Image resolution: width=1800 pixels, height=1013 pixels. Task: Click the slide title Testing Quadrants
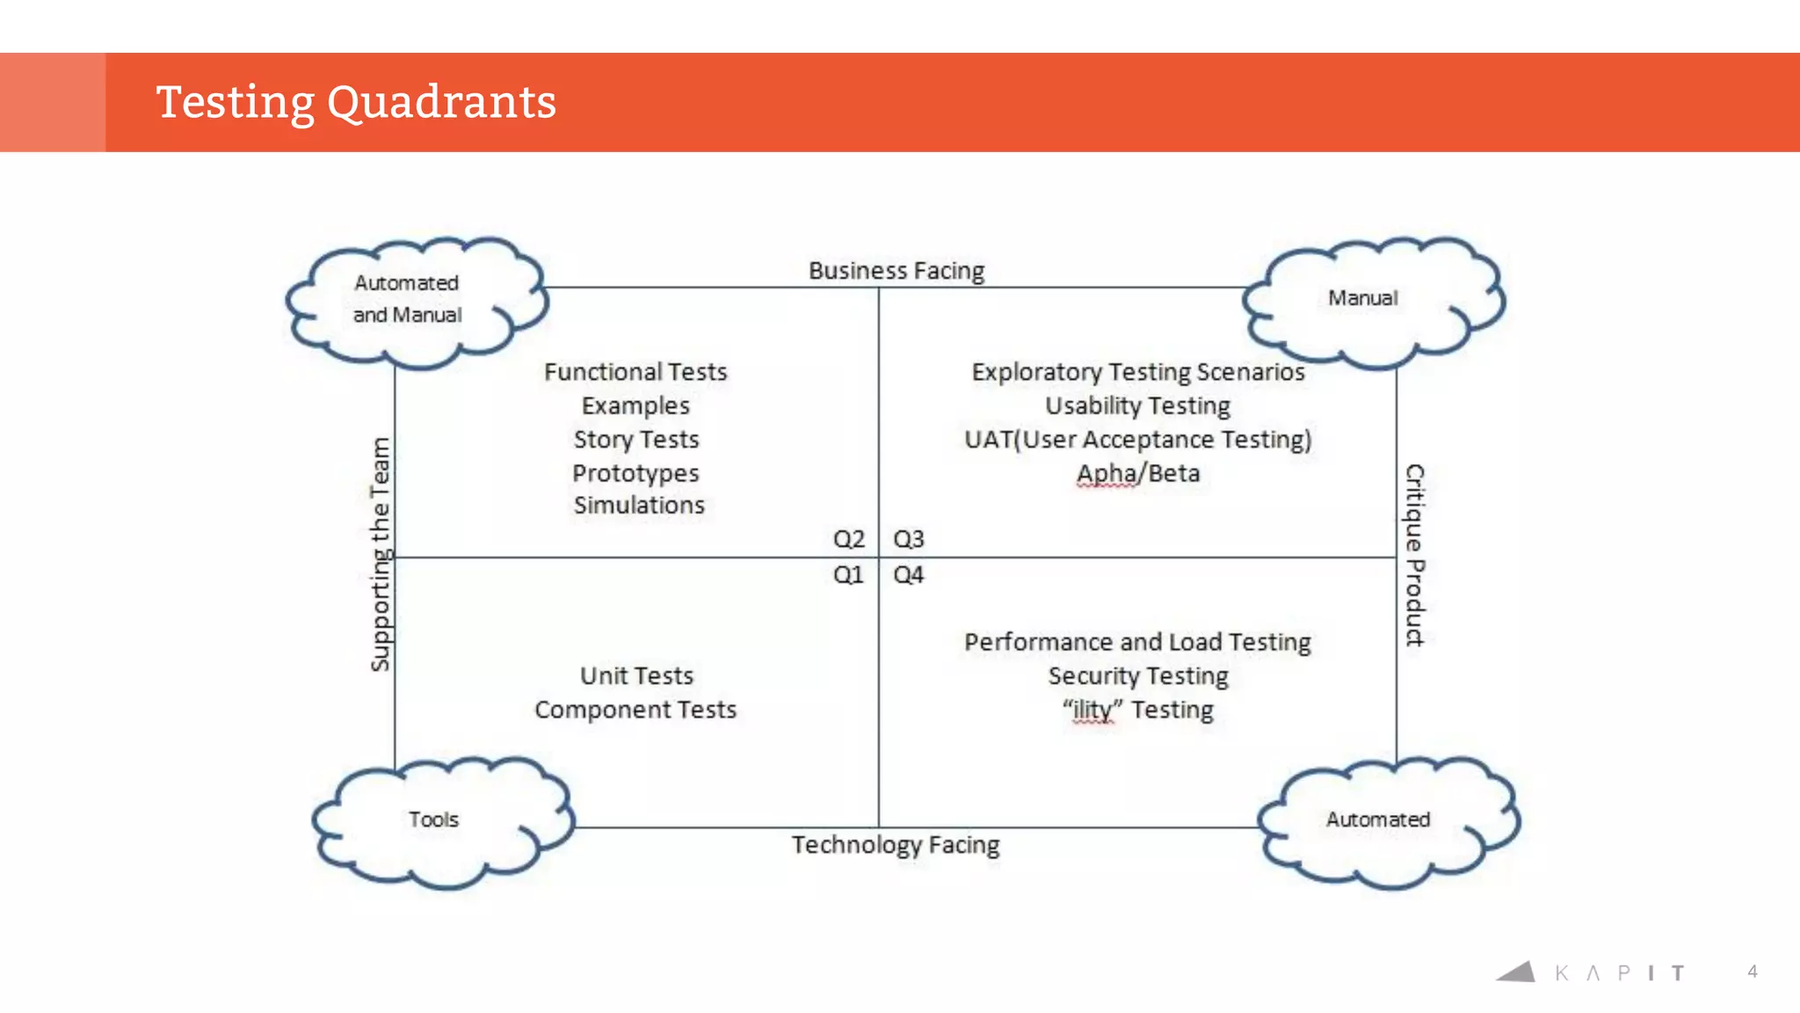point(356,102)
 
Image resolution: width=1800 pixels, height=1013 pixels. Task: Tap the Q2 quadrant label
point(849,539)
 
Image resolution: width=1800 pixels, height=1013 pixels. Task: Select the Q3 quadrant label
point(909,539)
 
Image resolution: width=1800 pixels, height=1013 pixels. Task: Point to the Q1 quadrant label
point(848,575)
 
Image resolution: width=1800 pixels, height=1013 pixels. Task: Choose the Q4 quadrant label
point(909,575)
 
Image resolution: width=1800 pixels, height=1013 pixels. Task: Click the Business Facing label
point(896,271)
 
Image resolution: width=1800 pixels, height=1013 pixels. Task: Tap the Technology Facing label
point(896,845)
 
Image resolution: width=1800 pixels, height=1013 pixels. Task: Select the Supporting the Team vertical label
point(381,555)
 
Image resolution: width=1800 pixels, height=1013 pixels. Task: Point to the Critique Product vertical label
point(1414,555)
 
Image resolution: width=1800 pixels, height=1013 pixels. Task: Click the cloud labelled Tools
point(434,820)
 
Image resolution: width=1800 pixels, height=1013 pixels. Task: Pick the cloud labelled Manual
point(1363,299)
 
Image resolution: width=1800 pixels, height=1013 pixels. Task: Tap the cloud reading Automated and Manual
point(408,299)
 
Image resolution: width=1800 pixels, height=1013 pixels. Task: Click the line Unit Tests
point(636,676)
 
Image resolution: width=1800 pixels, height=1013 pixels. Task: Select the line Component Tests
point(635,710)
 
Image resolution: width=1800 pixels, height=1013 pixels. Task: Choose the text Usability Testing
point(1137,406)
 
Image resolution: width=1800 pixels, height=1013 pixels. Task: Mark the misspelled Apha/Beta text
point(1138,474)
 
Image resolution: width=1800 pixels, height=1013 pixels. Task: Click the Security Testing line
point(1138,676)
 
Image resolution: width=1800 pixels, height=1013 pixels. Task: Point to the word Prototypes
point(635,474)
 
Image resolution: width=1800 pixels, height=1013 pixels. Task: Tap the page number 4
point(1753,972)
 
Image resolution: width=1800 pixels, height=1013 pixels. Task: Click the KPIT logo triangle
point(1518,972)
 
